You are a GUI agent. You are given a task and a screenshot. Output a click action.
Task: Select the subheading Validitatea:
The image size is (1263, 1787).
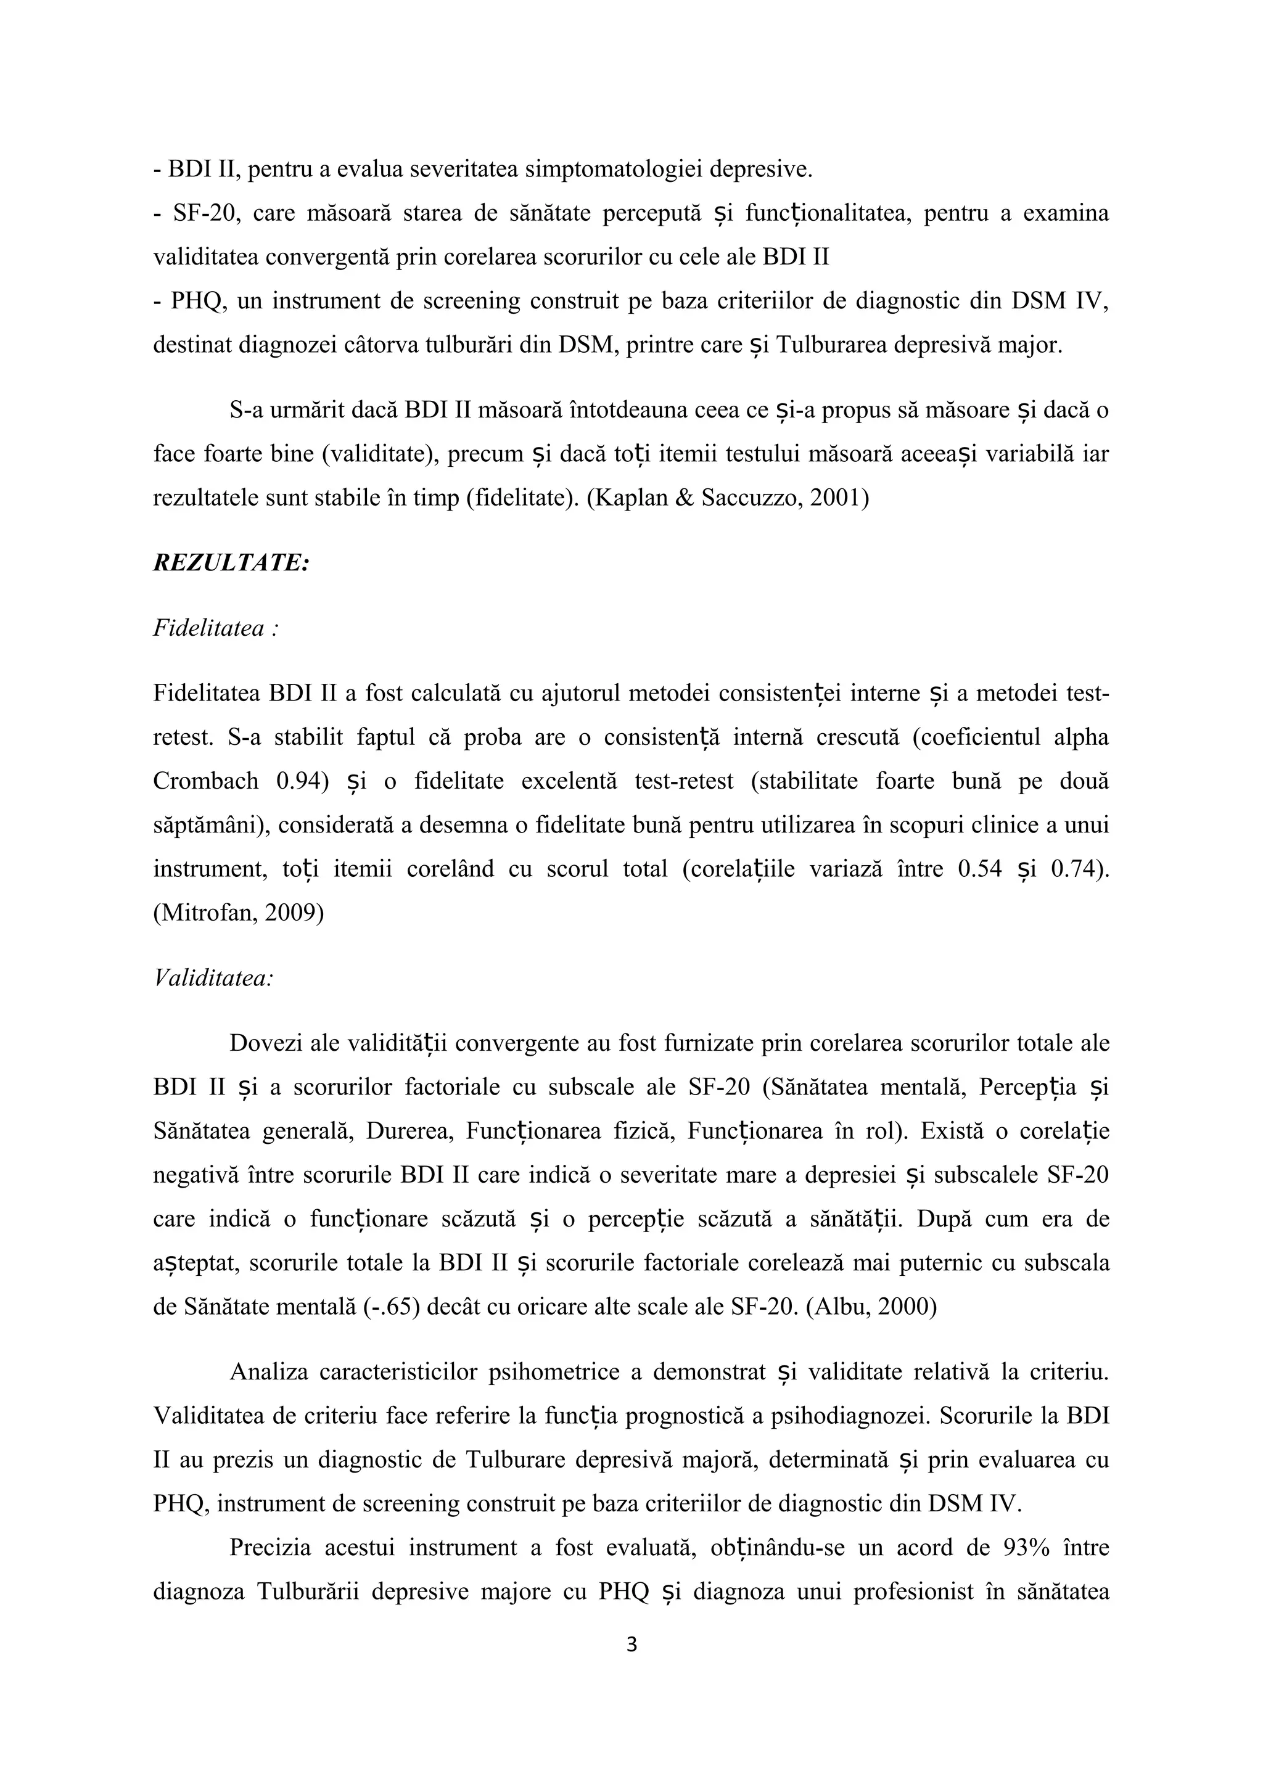point(213,979)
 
